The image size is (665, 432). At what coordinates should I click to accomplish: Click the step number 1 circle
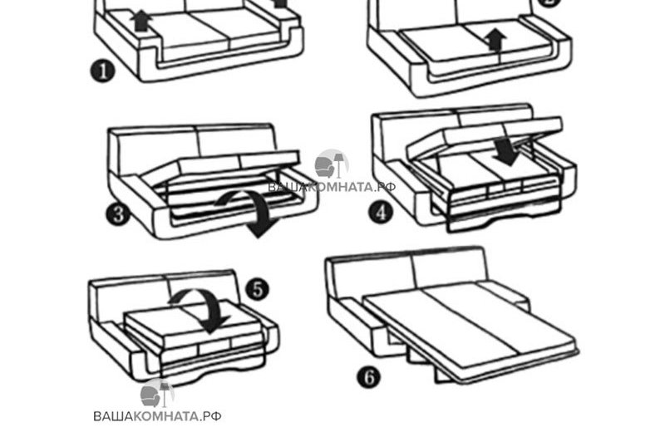(102, 71)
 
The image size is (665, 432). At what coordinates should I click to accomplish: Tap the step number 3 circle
(118, 214)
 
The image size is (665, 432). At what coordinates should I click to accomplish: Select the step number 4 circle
(381, 212)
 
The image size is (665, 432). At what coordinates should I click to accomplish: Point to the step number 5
(258, 290)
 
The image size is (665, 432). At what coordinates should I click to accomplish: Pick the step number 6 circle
(368, 376)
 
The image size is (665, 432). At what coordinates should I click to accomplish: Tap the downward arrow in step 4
(506, 151)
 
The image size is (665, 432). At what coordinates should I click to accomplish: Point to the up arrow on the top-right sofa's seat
(495, 40)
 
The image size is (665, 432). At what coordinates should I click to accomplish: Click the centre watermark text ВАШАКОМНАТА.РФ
(332, 187)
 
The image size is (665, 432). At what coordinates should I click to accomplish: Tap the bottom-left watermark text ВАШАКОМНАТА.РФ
(157, 416)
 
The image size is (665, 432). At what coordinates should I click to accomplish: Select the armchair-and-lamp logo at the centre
(331, 164)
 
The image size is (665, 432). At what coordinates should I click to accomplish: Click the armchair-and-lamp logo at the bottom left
(156, 394)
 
